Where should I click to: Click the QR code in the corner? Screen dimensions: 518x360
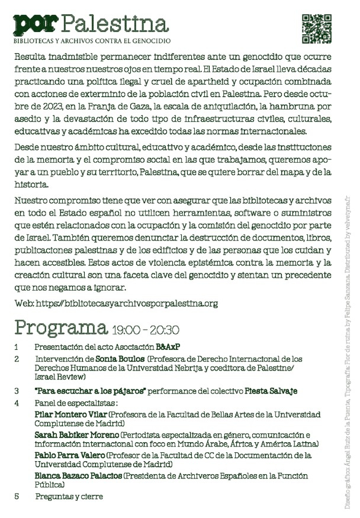pyautogui.click(x=317, y=28)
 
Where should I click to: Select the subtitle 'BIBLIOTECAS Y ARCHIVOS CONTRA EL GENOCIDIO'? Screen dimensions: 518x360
pyautogui.click(x=92, y=41)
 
